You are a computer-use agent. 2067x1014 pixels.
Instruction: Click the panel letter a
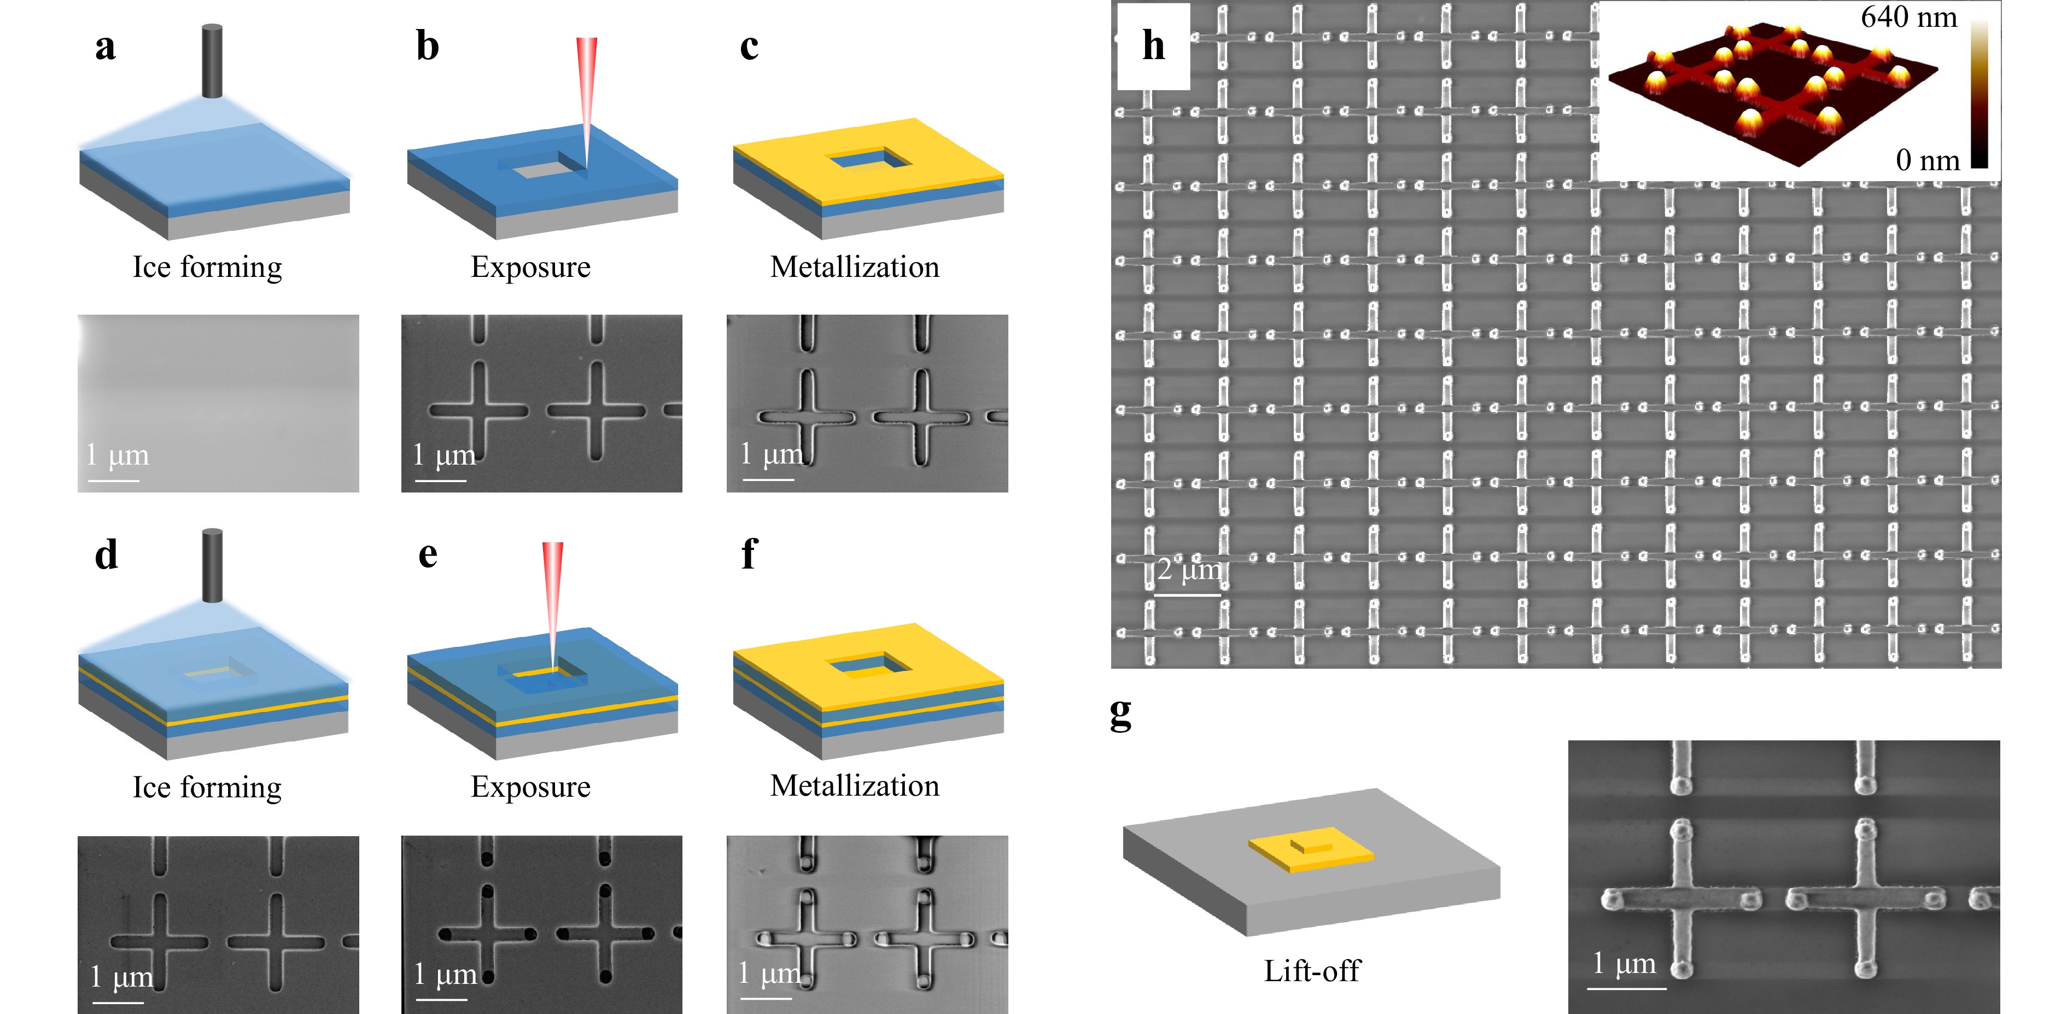[105, 47]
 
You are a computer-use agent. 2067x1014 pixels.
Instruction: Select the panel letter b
[428, 47]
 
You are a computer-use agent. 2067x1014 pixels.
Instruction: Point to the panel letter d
[106, 555]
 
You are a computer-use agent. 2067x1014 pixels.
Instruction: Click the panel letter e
[428, 555]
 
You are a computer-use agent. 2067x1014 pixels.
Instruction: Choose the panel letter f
[749, 555]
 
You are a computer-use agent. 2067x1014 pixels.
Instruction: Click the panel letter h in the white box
[1153, 46]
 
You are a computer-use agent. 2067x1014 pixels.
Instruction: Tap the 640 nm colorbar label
[1909, 17]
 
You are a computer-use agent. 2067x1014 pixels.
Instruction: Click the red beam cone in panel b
[587, 88]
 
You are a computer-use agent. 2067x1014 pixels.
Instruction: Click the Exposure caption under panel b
[530, 266]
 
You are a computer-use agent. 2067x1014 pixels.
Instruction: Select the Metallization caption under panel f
[855, 785]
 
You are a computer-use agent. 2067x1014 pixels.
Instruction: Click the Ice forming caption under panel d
[207, 787]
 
